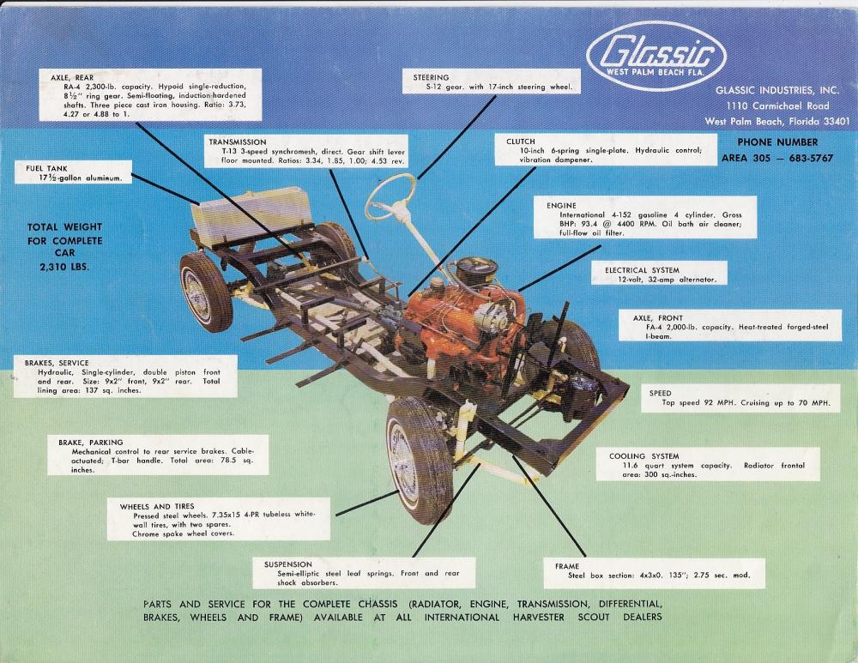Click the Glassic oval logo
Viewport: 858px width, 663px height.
(656, 56)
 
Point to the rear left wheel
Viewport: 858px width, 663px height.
(205, 292)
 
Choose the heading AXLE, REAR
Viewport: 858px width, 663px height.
(72, 78)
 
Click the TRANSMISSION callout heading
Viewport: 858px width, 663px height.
(238, 142)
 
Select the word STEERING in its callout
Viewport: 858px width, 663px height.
(431, 78)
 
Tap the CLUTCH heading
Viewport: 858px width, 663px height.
(521, 142)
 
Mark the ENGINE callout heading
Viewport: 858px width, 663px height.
(561, 206)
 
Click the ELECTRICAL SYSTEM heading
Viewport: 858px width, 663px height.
(642, 270)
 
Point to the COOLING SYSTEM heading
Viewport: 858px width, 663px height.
(644, 456)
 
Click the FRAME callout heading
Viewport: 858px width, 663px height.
(567, 566)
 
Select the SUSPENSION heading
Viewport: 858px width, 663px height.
(287, 564)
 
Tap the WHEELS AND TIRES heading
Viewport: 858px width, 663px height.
(157, 507)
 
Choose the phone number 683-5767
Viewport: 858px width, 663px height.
(811, 158)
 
